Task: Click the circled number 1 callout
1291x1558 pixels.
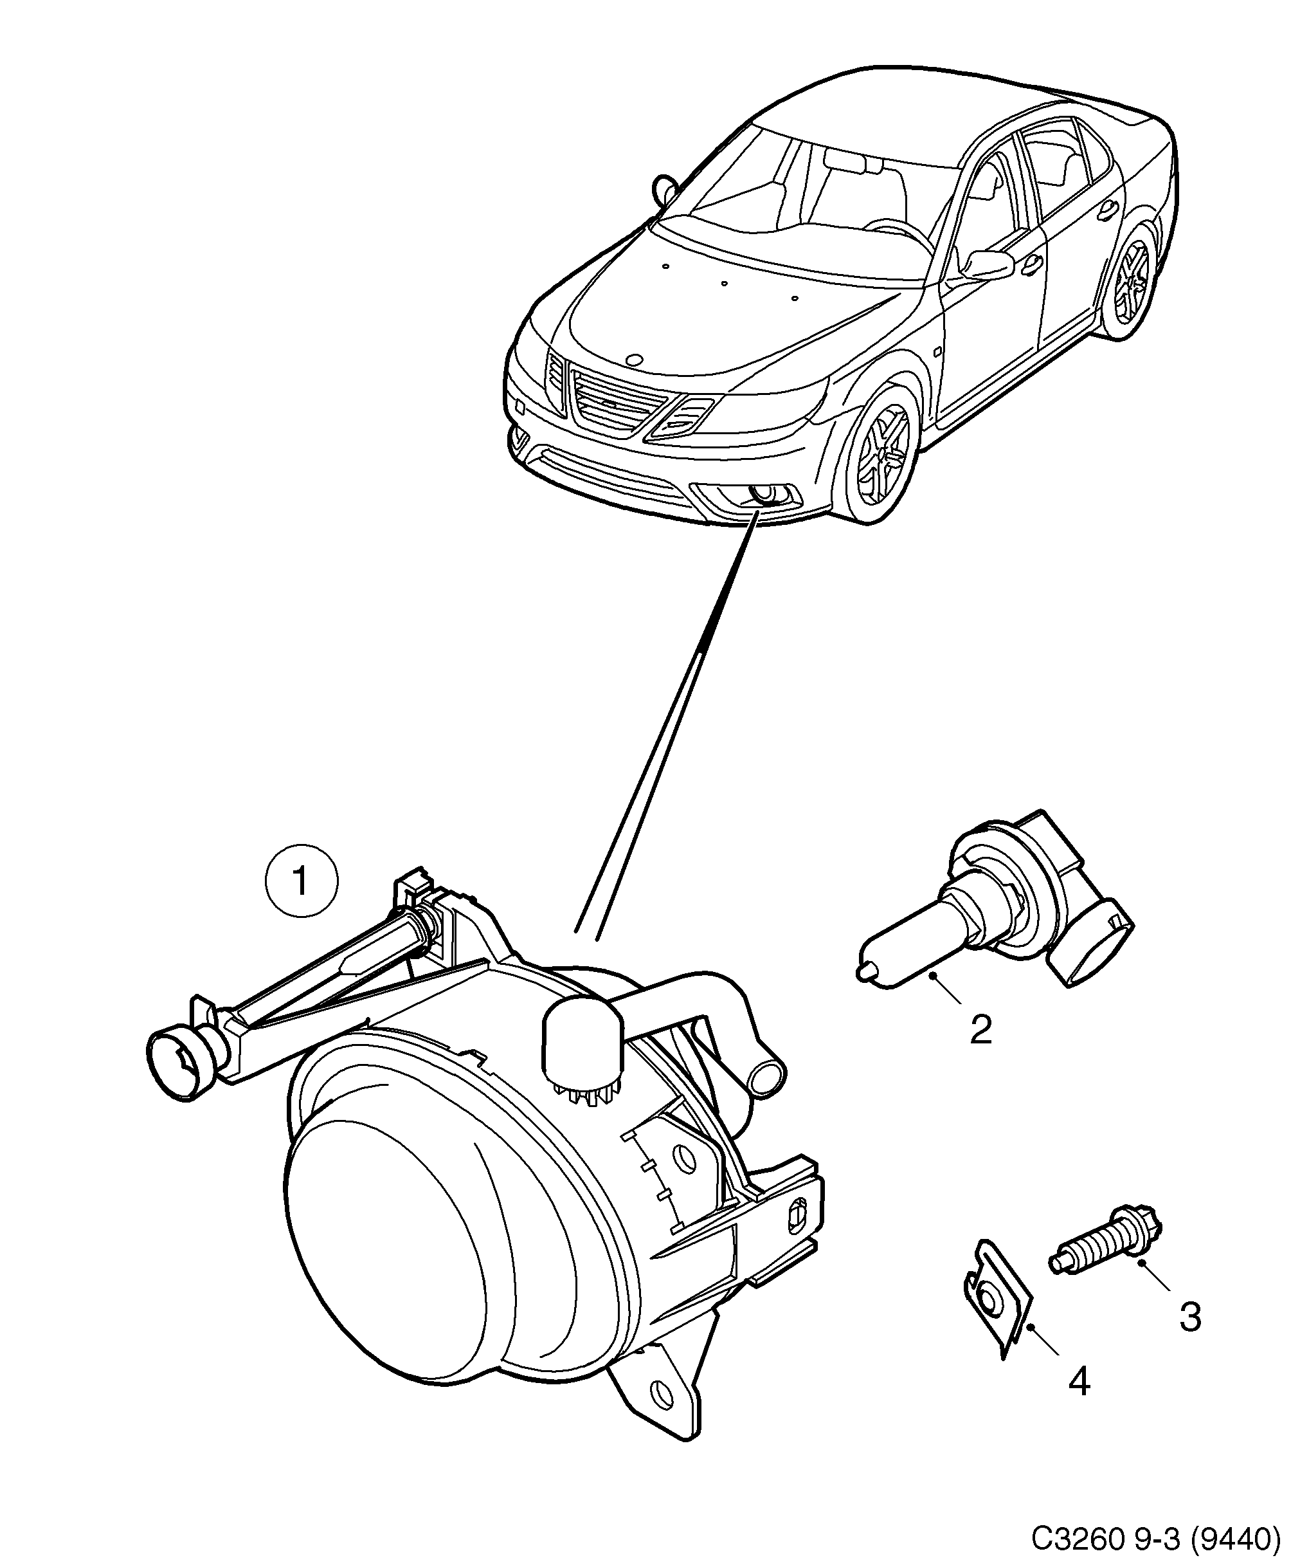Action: pos(301,881)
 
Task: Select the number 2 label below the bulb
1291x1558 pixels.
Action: pos(980,1030)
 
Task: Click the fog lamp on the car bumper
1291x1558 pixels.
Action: pos(762,492)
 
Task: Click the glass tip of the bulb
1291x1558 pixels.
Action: pos(863,971)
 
